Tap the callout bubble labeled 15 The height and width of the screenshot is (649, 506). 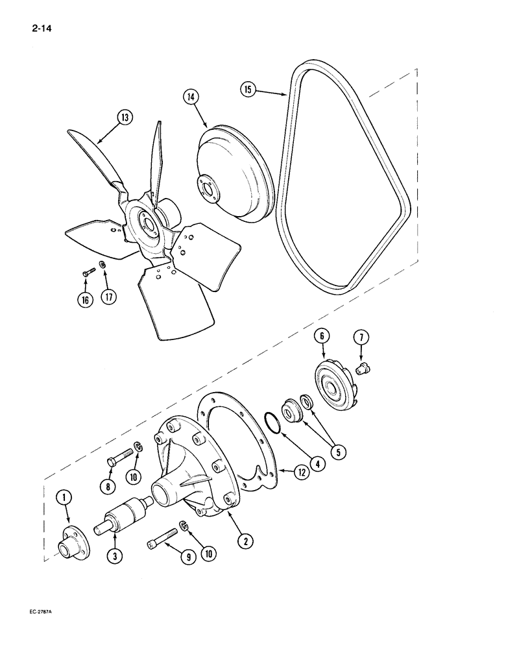tap(248, 88)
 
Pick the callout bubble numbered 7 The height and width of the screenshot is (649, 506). tap(361, 337)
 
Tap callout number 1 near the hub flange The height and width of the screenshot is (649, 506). tap(67, 498)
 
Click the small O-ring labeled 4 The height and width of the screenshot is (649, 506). tap(273, 429)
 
